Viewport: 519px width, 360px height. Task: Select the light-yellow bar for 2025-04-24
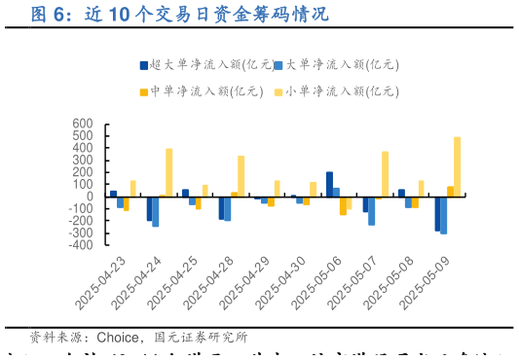coord(168,172)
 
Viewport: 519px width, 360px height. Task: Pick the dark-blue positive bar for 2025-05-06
coord(329,184)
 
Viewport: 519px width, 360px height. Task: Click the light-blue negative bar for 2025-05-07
coord(372,211)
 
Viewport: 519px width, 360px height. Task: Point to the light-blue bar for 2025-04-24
coord(156,211)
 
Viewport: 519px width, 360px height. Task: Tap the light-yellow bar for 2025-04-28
coord(241,176)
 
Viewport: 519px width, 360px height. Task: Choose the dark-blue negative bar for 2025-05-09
coord(437,213)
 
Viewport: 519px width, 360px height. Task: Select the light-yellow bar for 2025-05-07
coord(385,174)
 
